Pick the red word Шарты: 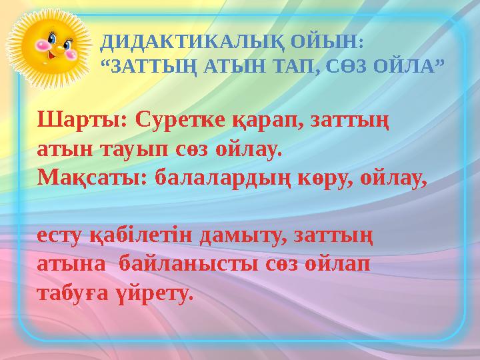(83, 122)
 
